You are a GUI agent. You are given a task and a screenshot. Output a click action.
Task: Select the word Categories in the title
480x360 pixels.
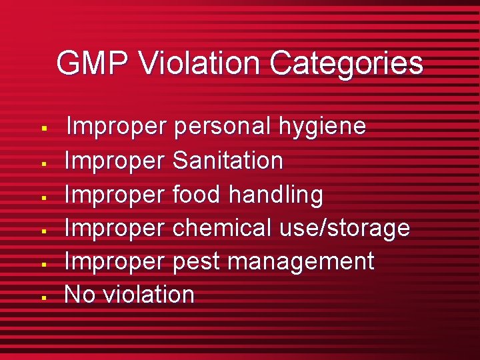tap(346, 64)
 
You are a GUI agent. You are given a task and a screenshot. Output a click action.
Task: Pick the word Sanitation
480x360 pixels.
tap(228, 161)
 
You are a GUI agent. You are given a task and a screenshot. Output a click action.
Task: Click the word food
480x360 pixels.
tap(197, 195)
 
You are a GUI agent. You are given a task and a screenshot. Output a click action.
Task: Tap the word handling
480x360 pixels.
tap(276, 195)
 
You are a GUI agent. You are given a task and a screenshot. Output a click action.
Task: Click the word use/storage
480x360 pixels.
tap(345, 228)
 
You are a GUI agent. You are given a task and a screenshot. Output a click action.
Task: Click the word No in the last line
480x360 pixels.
tap(79, 295)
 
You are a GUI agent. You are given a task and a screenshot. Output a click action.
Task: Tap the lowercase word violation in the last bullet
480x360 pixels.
tap(148, 295)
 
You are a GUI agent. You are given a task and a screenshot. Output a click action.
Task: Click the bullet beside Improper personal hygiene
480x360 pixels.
tap(43, 127)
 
